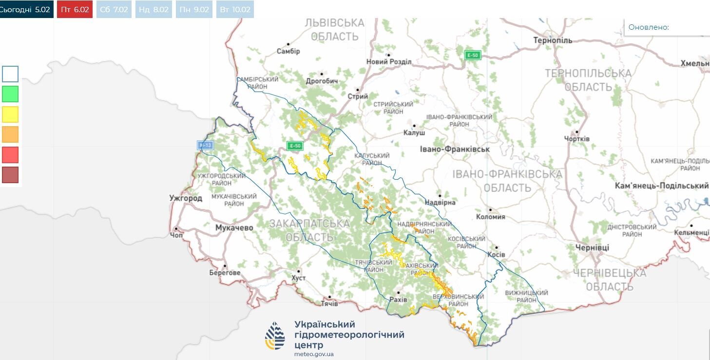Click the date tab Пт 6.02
[x=75, y=9]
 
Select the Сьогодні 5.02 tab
[x=25, y=9]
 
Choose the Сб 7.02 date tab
[x=114, y=9]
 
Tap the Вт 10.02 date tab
[x=235, y=9]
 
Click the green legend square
[x=10, y=94]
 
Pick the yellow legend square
[x=10, y=114]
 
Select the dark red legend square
[x=10, y=175]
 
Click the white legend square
[x=10, y=74]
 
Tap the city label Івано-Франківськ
[x=455, y=149]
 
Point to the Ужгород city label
[x=185, y=198]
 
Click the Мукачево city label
[x=234, y=227]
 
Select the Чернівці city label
[x=592, y=247]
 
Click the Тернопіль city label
[x=553, y=40]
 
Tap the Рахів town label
[x=398, y=300]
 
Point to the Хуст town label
[x=298, y=278]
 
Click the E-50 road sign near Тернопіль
[x=472, y=55]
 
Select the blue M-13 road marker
[x=204, y=145]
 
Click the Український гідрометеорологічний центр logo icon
[x=275, y=336]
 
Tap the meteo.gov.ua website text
[x=314, y=354]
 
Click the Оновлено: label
[x=649, y=27]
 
